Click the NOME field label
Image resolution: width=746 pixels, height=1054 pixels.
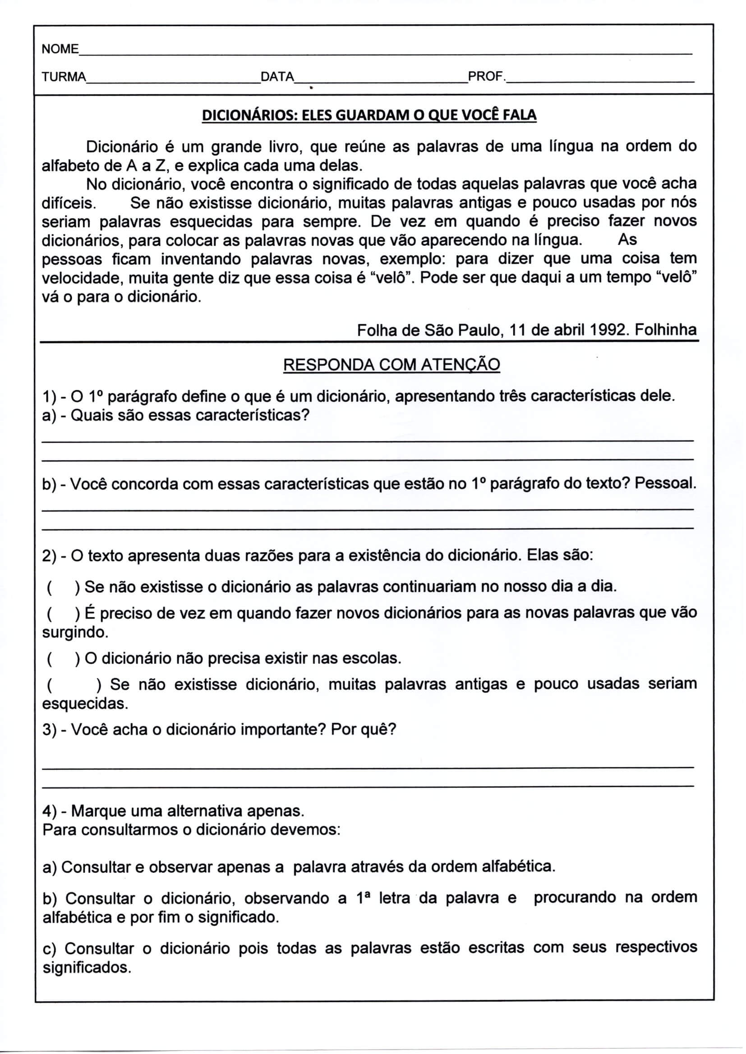[60, 49]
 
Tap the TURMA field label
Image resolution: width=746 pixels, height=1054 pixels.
[64, 77]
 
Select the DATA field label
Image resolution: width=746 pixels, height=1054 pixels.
[277, 77]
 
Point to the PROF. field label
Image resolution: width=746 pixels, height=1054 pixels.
[487, 76]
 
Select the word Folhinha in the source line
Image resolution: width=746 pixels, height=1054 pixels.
[666, 330]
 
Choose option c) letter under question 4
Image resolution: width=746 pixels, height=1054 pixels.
[49, 949]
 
